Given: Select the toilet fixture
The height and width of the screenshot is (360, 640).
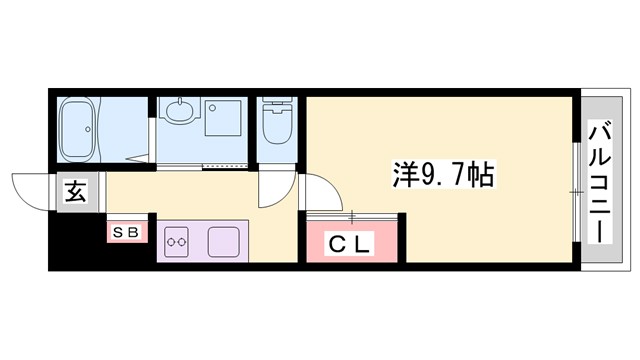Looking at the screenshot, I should (276, 126).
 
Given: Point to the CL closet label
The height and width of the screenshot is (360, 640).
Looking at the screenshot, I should (350, 243).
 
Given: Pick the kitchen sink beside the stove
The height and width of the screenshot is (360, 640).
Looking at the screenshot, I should (220, 241).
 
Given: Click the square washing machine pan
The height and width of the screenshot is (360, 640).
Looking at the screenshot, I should (223, 116).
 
